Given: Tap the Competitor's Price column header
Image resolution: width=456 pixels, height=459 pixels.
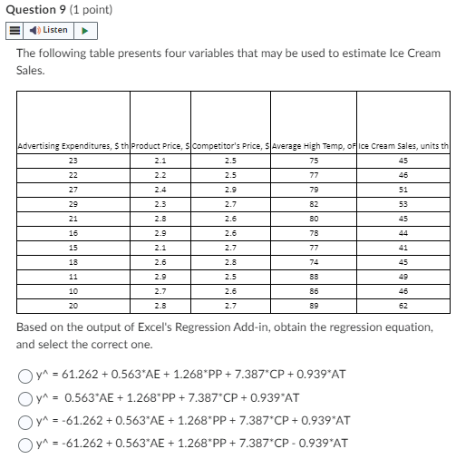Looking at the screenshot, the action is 230,145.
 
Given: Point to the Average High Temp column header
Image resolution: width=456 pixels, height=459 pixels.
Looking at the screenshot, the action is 314,145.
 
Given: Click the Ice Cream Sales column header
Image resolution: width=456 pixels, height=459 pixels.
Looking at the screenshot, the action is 403,145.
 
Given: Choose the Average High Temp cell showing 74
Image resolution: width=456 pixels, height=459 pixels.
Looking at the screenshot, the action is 314,263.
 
